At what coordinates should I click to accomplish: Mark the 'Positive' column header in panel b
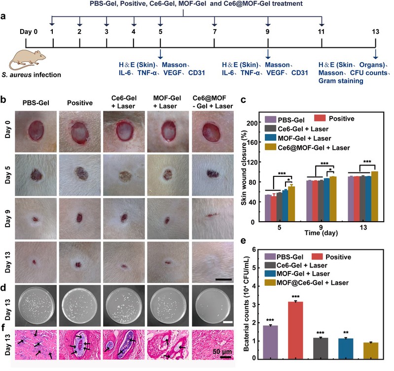point(80,103)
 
